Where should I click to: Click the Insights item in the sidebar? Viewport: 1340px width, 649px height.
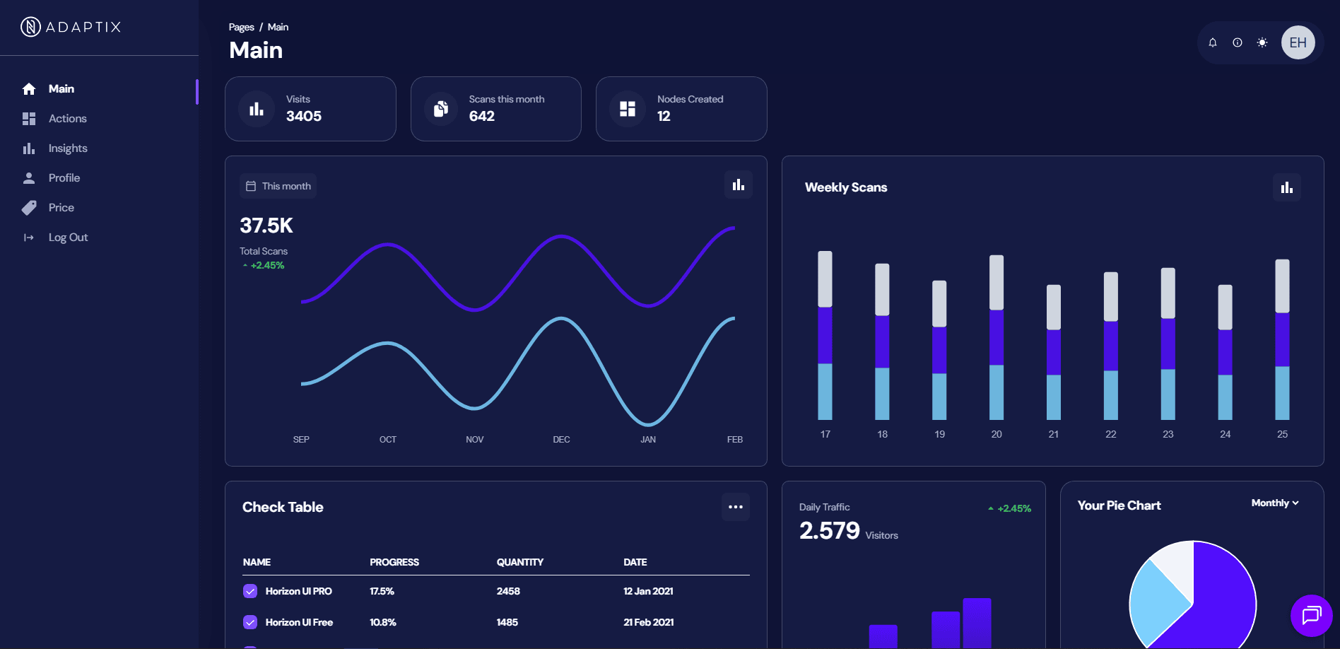67,148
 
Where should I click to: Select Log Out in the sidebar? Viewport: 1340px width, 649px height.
68,238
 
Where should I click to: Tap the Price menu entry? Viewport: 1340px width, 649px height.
61,208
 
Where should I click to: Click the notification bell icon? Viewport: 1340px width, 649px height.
1213,42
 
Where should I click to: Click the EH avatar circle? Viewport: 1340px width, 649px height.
1298,42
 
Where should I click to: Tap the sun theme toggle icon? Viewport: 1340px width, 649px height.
1262,42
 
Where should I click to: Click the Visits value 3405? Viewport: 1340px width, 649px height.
304,116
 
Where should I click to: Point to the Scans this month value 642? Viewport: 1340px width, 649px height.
482,116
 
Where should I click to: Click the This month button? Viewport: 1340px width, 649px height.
278,186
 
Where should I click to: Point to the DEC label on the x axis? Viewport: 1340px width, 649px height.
561,440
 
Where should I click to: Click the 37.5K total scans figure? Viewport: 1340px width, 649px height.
266,226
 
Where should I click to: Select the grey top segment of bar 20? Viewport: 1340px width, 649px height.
997,282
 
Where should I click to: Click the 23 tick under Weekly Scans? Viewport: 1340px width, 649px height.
1168,434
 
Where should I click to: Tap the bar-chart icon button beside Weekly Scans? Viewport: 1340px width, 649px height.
1287,187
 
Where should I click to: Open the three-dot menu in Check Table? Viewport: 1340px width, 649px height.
736,507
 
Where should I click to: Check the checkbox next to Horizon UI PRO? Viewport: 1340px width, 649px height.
250,591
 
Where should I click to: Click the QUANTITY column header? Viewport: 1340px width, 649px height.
520,562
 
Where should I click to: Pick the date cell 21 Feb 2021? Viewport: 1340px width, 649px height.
649,622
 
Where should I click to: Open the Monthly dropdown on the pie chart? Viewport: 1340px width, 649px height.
1275,503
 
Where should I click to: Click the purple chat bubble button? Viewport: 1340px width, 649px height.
1311,615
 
